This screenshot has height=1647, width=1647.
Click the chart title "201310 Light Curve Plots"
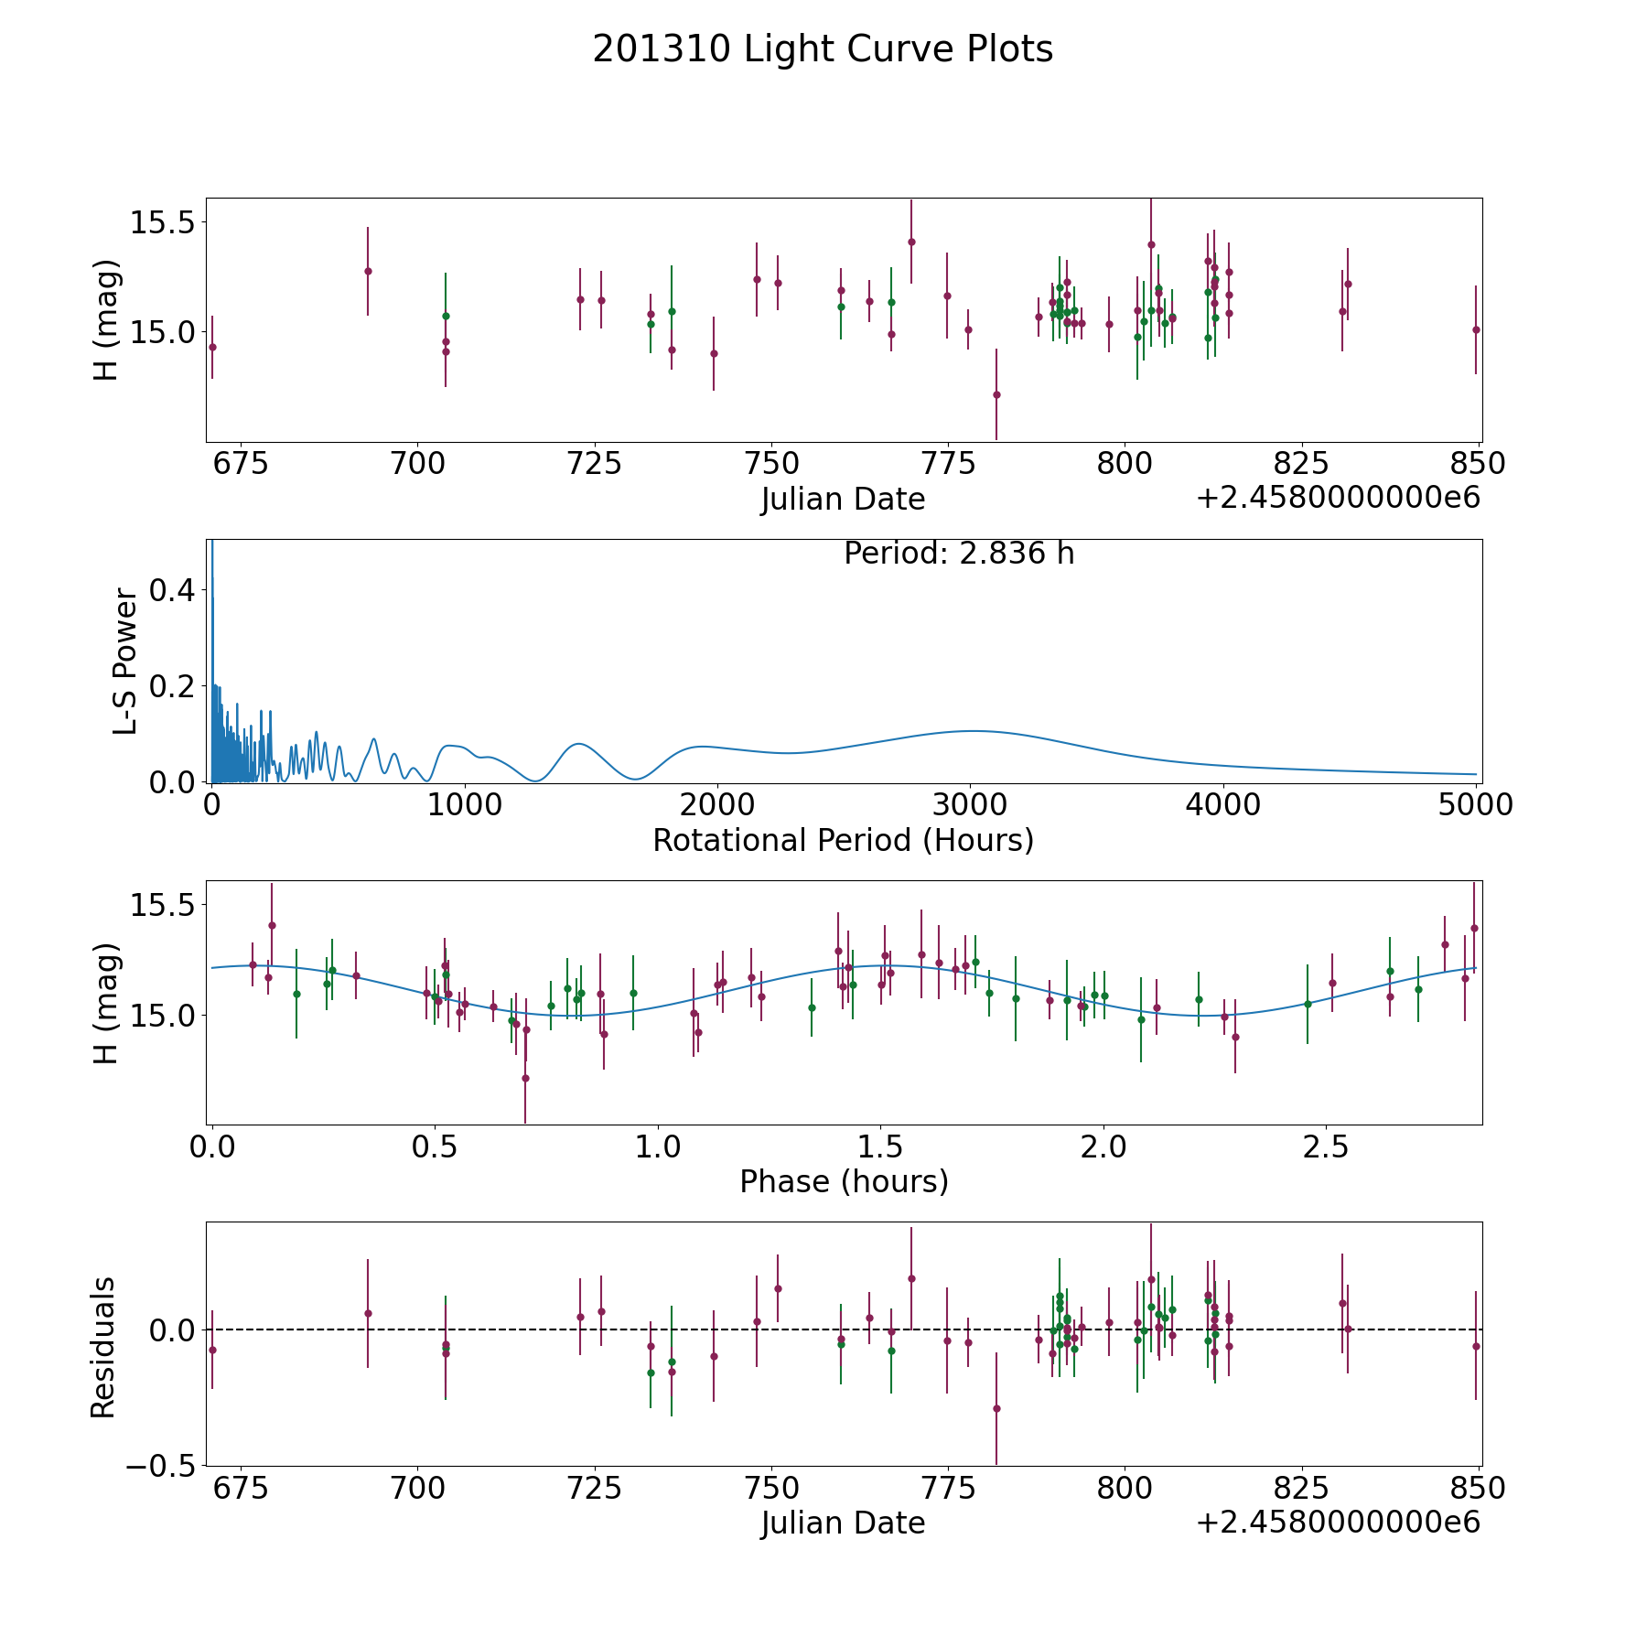[x=823, y=49]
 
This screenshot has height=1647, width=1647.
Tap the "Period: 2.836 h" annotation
[x=959, y=554]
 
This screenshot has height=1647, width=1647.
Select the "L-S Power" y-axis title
[x=125, y=662]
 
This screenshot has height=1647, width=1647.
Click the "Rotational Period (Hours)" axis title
[x=843, y=840]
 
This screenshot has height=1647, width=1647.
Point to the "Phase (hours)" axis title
[x=844, y=1181]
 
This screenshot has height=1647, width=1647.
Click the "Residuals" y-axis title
[x=102, y=1348]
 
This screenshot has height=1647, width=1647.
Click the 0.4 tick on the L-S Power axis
[x=173, y=590]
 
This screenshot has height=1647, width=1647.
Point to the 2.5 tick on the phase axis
[x=1326, y=1146]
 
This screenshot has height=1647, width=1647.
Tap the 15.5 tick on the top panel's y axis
[x=162, y=222]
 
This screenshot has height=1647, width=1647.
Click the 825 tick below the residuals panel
[x=1301, y=1489]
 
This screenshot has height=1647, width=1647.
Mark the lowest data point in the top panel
[x=996, y=394]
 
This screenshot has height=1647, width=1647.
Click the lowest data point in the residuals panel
[x=996, y=1408]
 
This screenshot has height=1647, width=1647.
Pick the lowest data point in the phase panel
[x=525, y=1078]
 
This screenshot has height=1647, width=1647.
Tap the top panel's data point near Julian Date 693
[x=368, y=271]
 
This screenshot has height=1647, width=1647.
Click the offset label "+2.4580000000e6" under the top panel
[x=1338, y=498]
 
